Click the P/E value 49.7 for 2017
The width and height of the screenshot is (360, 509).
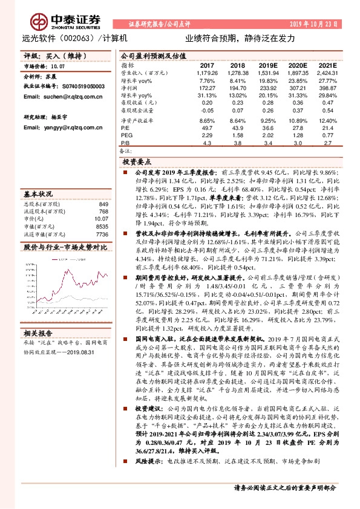(x=208, y=128)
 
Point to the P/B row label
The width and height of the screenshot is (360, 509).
(x=125, y=143)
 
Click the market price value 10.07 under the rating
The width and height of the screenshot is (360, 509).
(x=57, y=66)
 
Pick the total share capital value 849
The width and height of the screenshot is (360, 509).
(x=103, y=204)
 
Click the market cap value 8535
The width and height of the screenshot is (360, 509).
(x=102, y=226)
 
